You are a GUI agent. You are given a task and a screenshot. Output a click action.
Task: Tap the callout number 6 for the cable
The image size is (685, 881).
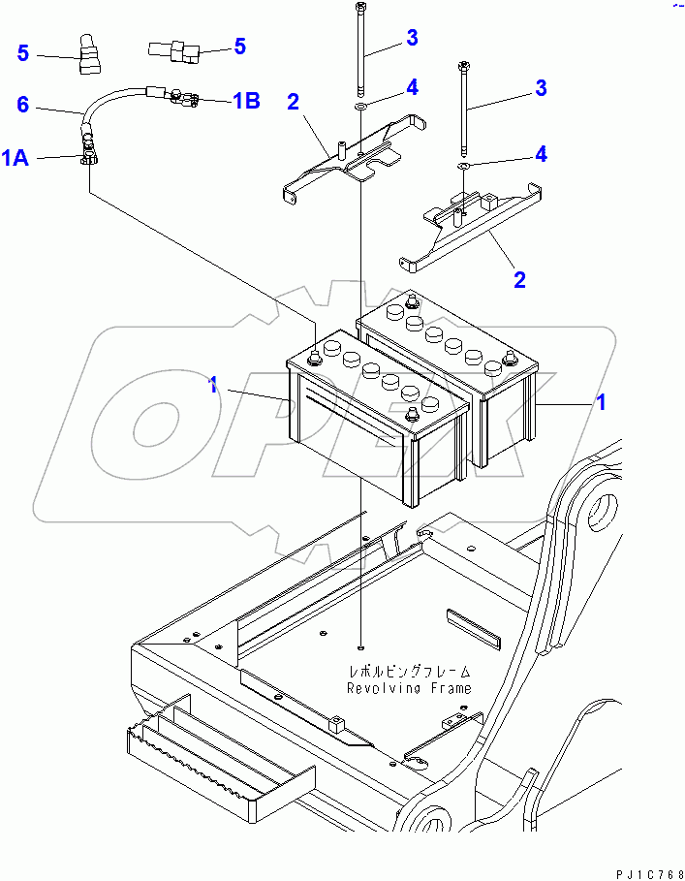[23, 102]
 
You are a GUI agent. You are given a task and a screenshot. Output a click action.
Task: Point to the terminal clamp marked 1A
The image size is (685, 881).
[88, 154]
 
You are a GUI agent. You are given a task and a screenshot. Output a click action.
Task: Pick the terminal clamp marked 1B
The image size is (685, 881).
[184, 97]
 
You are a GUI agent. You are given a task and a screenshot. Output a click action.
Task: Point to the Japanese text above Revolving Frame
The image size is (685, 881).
[411, 671]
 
